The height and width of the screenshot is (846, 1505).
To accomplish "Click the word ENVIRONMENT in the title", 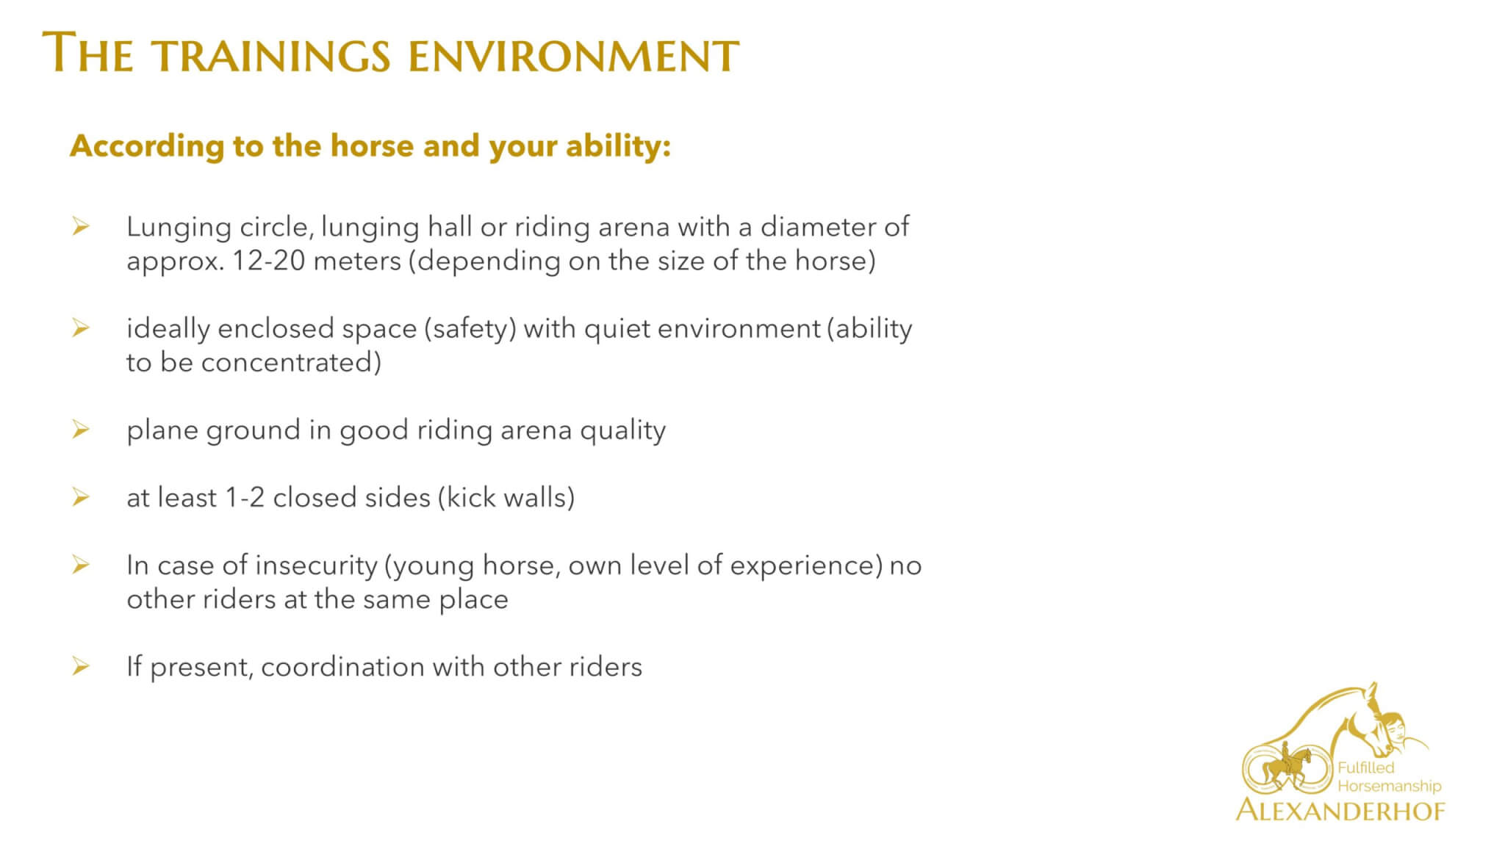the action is click(573, 55).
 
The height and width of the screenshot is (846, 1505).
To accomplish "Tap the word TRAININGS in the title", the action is click(272, 55).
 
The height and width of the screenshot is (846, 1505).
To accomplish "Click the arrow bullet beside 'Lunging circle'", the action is click(80, 227).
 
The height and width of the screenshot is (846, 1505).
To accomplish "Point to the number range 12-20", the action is click(268, 261).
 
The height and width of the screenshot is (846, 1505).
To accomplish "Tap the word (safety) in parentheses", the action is click(470, 329).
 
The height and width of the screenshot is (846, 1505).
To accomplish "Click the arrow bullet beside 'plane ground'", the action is click(80, 430).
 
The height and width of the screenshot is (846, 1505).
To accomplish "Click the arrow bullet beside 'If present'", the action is click(80, 666).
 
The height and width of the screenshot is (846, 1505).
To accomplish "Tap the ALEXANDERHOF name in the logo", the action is click(1340, 810).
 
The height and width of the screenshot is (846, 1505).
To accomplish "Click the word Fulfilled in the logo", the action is click(1366, 768).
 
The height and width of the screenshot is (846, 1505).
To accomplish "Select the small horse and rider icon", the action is click(1288, 767).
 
